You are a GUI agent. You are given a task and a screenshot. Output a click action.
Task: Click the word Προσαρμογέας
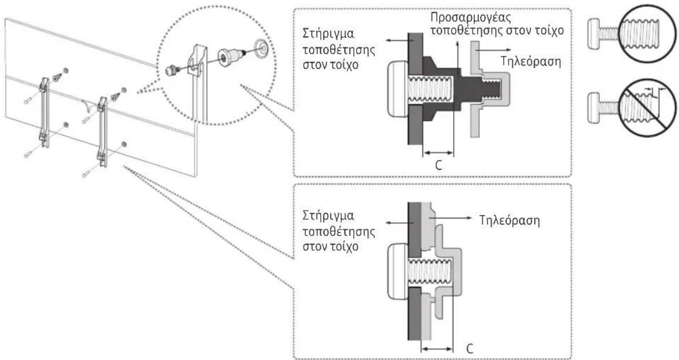pos(471,17)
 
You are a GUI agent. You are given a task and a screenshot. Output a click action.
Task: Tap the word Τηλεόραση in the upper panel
pos(530,61)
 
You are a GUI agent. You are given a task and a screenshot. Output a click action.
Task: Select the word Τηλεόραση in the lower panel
pos(510,221)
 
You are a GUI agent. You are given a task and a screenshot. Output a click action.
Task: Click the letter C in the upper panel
pos(438,165)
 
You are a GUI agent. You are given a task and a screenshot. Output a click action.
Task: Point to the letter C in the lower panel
pos(470,348)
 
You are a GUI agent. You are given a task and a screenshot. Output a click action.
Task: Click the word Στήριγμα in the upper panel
pos(328,34)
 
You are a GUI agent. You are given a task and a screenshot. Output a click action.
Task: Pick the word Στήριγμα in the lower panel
pos(328,216)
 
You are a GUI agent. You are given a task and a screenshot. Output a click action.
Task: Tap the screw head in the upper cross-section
pos(398,89)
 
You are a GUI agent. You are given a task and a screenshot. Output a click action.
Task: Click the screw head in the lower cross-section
pos(398,271)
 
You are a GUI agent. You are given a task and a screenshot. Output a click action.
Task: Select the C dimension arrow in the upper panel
pos(438,153)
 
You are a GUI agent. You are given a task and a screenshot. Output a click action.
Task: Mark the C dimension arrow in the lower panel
pos(437,349)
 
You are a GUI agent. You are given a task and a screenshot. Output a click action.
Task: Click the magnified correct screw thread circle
pos(648,33)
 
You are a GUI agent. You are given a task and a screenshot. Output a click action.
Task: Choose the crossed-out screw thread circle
pos(648,108)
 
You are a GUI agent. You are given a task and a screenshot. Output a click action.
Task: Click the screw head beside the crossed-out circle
pos(594,108)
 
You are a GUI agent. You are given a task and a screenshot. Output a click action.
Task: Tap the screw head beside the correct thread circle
pos(594,34)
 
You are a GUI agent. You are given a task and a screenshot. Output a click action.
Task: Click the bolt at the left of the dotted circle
pos(173,70)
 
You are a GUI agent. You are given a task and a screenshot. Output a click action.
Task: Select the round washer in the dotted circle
pos(261,47)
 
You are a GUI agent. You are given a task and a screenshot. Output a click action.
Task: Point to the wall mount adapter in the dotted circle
pos(231,57)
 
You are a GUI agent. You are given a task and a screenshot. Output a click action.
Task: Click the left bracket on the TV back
pos(44,112)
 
